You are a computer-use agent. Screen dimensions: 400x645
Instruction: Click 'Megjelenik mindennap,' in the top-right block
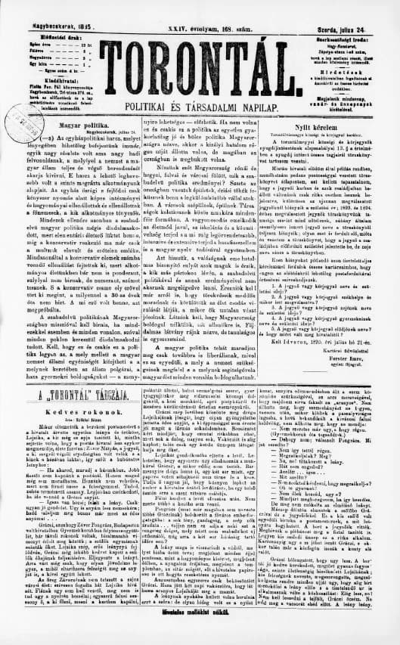click(361, 78)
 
